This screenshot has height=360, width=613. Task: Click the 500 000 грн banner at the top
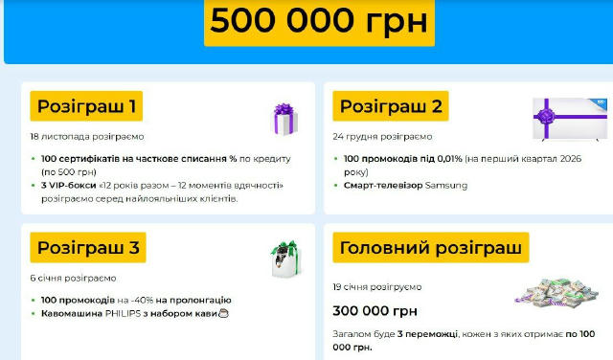tap(319, 22)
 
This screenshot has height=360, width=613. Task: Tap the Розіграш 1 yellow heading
tap(86, 105)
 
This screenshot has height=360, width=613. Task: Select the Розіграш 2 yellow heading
tap(391, 105)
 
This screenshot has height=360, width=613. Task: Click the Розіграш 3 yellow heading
tap(89, 249)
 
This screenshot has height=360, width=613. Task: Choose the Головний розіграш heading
tap(431, 247)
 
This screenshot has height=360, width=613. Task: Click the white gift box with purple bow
tap(285, 119)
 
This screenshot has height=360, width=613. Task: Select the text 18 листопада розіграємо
tap(87, 137)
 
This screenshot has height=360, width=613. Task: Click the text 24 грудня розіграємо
tap(383, 137)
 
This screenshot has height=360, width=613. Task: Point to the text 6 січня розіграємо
tap(73, 278)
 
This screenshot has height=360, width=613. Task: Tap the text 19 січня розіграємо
tap(376, 286)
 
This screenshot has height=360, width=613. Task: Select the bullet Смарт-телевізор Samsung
tap(405, 185)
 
